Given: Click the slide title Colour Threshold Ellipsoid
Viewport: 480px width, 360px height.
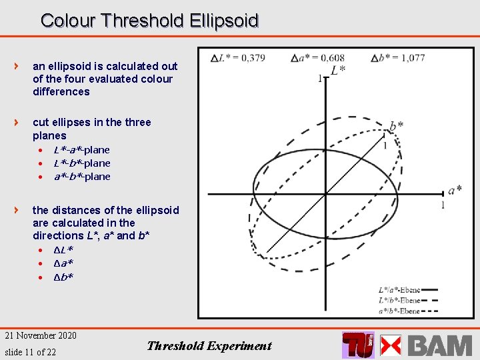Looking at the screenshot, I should tap(149, 21).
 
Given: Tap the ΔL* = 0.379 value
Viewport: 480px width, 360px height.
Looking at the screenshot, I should tap(238, 58).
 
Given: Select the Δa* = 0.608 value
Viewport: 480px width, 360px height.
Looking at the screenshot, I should tap(318, 58).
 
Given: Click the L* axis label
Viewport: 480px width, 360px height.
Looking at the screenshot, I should tap(338, 70).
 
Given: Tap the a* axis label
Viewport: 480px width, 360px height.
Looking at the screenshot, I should tap(455, 191).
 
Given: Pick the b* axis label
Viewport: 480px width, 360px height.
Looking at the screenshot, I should tap(396, 126).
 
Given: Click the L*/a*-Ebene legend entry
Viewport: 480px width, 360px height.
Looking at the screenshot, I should tap(399, 290).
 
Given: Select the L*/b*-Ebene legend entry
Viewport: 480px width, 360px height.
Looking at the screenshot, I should tap(399, 300).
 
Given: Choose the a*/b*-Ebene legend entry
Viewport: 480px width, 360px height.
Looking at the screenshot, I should tap(399, 311).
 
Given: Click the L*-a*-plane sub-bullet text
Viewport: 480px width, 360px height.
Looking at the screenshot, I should tap(81, 150).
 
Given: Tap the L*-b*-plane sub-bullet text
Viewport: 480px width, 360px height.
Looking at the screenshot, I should tap(81, 163).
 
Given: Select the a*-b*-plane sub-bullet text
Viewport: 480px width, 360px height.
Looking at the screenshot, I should tap(81, 177).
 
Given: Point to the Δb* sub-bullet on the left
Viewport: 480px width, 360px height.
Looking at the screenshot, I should tap(63, 277).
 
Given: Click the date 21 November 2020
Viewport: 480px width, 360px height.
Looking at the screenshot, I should tap(41, 335).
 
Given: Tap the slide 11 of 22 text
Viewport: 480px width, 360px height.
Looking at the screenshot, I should tap(30, 351).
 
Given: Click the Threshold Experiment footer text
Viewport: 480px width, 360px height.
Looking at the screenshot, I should tap(209, 345).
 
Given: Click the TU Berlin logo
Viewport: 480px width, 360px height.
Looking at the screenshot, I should tap(358, 345).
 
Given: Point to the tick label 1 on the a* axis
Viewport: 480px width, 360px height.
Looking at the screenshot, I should tap(443, 205).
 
